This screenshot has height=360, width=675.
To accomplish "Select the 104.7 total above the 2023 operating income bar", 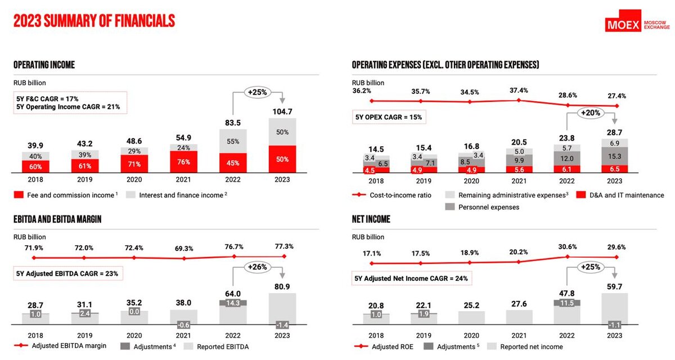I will coord(282,111).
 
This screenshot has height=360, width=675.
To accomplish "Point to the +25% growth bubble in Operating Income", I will coord(258,92).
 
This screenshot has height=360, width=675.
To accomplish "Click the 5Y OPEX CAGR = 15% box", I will coord(388,118).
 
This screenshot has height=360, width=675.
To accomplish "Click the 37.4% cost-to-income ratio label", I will coord(519,91).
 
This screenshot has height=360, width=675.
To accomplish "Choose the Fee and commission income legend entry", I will coord(66,195).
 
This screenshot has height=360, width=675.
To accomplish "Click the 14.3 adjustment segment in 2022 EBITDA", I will coord(233,303).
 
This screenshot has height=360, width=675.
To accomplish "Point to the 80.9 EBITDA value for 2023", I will coord(282,286).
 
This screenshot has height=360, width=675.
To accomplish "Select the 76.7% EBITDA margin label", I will coord(233,247).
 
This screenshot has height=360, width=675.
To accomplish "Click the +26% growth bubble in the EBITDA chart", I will coord(258,267).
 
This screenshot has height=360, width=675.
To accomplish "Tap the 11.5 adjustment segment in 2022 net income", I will coord(568,303).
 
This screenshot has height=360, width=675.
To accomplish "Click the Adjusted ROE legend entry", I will coord(384,346).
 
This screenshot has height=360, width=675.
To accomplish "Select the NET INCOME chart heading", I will coord(371,219).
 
